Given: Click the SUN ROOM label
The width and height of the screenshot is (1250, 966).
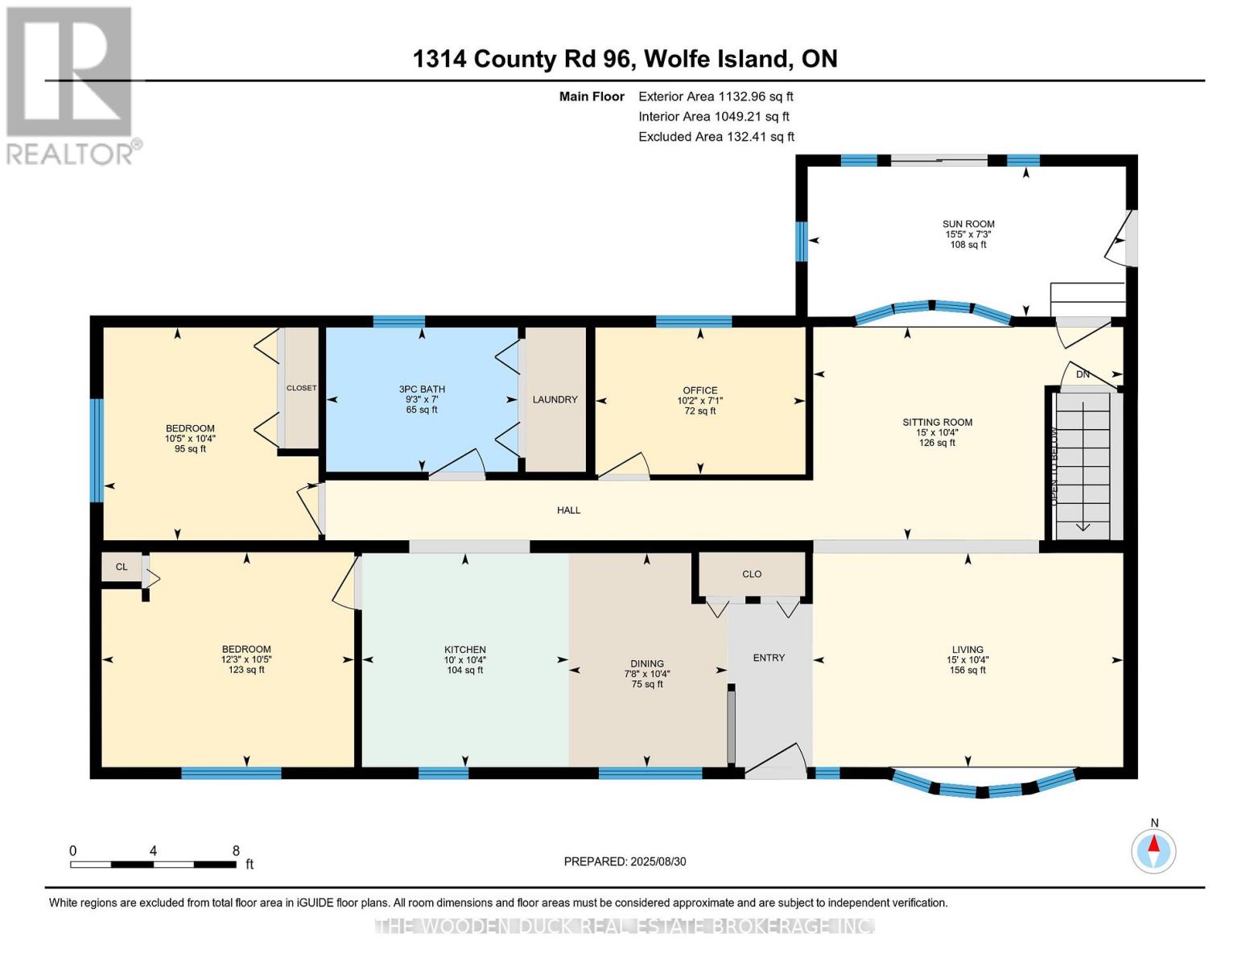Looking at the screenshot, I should pyautogui.click(x=968, y=225).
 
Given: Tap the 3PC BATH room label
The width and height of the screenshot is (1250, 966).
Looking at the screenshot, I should pyautogui.click(x=422, y=389).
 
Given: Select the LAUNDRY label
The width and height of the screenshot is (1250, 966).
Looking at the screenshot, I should pyautogui.click(x=555, y=399).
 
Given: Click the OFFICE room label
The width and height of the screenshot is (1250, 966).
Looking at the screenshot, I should pyautogui.click(x=699, y=390).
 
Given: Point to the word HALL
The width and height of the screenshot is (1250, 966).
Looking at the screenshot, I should pyautogui.click(x=568, y=510).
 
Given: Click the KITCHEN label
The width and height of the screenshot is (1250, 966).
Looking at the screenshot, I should pyautogui.click(x=465, y=650).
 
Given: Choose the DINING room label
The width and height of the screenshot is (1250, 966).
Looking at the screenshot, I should pyautogui.click(x=647, y=664).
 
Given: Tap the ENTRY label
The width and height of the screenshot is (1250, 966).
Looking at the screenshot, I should pyautogui.click(x=769, y=658).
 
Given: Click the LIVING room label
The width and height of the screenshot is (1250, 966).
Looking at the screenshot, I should pyautogui.click(x=967, y=650).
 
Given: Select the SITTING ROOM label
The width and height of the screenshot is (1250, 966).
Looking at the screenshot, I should pyautogui.click(x=937, y=422).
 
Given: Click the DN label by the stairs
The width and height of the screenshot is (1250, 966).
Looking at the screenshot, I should pyautogui.click(x=1083, y=374).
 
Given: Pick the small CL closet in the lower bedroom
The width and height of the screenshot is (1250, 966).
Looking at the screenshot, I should pyautogui.click(x=122, y=567).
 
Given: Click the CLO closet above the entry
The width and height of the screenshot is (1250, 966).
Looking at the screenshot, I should pyautogui.click(x=752, y=574).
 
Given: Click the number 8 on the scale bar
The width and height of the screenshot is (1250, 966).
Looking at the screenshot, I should pyautogui.click(x=236, y=850).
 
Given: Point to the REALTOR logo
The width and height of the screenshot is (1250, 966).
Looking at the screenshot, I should pyautogui.click(x=69, y=85).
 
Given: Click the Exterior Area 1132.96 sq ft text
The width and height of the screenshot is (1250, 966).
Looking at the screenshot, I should pyautogui.click(x=716, y=97).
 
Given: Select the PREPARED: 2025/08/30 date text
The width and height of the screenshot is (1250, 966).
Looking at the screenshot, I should pyautogui.click(x=625, y=861).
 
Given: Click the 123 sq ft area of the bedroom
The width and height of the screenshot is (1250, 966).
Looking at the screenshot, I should pyautogui.click(x=246, y=670).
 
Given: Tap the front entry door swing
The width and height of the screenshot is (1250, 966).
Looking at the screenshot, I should pyautogui.click(x=777, y=761).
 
